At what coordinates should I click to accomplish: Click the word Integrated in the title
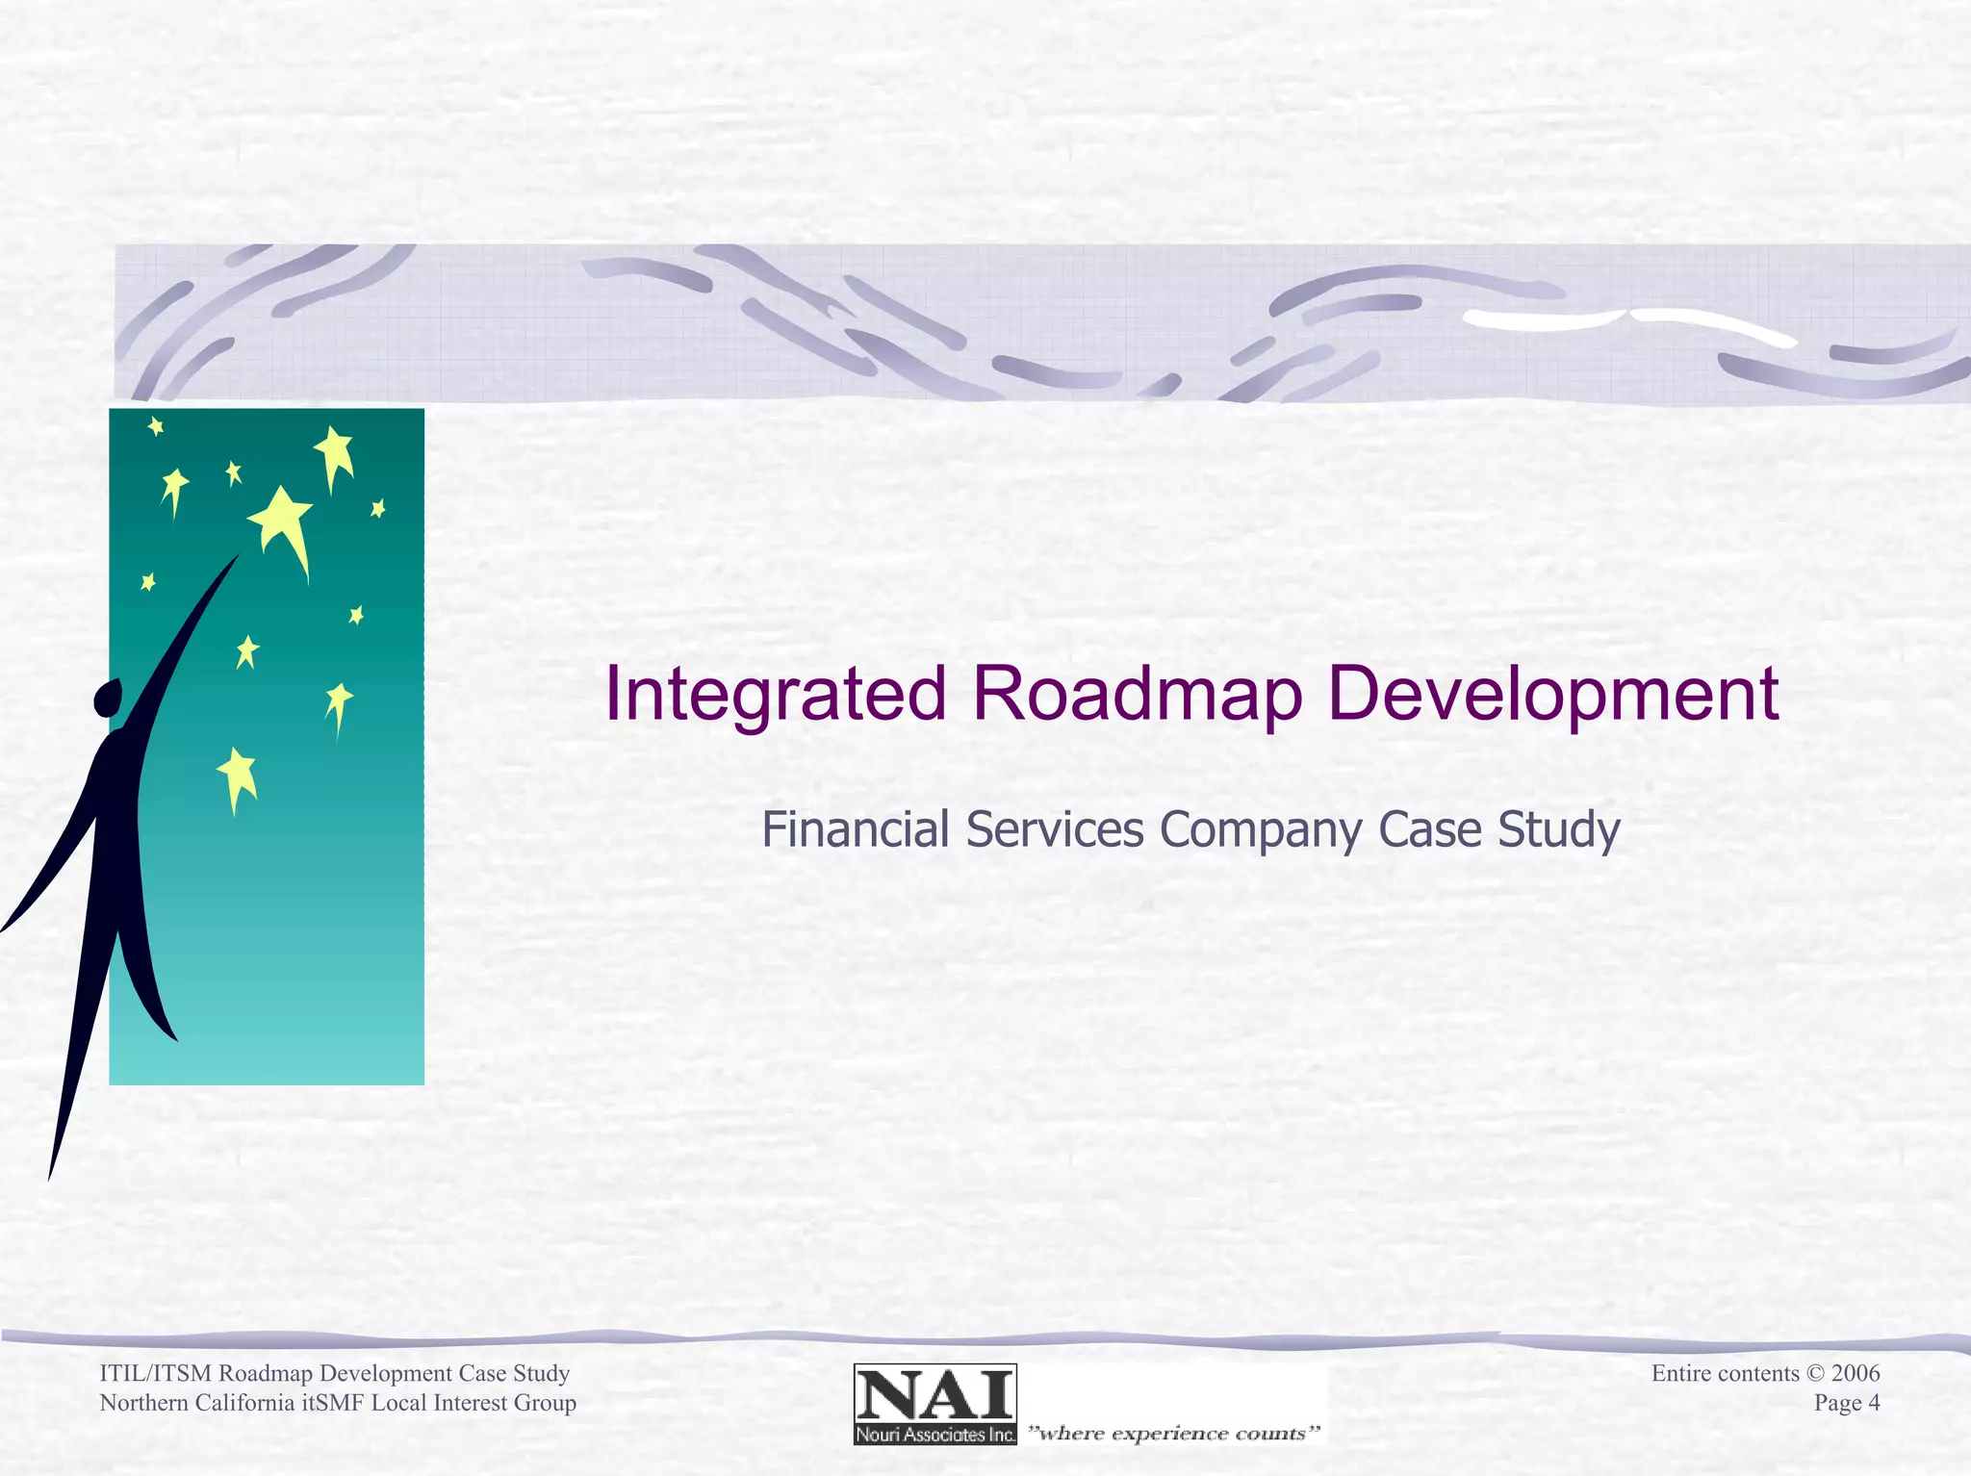coord(775,695)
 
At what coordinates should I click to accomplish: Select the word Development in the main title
coord(1552,695)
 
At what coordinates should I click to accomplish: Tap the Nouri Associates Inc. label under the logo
coord(934,1435)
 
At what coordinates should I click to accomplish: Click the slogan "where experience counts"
coord(1173,1434)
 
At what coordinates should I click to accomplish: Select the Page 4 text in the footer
coord(1846,1403)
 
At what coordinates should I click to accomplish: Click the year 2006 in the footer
coord(1855,1373)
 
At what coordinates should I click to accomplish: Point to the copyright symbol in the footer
coord(1814,1373)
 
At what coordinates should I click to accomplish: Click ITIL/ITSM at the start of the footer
coord(156,1373)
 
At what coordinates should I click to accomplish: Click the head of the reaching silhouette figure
coord(108,698)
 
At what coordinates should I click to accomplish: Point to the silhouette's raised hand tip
coord(236,557)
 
